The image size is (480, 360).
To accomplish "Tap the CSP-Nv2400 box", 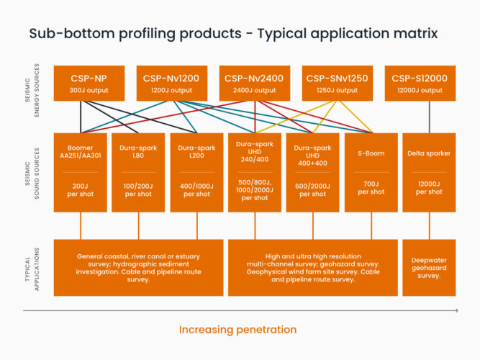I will pos(255,83).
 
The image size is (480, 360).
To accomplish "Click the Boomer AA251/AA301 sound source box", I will pos(80,172).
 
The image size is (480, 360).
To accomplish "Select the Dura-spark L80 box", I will pos(138,172).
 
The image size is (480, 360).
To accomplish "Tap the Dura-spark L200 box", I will pos(196,172).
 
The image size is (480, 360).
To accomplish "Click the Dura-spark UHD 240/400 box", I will pos(255,172).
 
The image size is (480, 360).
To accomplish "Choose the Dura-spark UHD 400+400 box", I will pos(313,172).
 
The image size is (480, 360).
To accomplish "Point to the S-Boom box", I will pos(371,172).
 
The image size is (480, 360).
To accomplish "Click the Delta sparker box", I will pos(430,172).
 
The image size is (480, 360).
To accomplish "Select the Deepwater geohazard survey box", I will pos(430,268).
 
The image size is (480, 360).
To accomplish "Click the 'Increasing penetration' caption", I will pos(237,330).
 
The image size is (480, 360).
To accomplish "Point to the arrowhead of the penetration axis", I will pos(456,310).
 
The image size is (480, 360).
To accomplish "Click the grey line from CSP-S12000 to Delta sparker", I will pos(430,117).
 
